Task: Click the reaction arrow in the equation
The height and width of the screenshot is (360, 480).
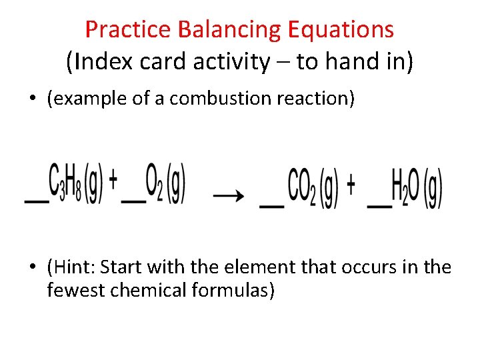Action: point(227,195)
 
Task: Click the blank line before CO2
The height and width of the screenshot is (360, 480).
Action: point(271,206)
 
